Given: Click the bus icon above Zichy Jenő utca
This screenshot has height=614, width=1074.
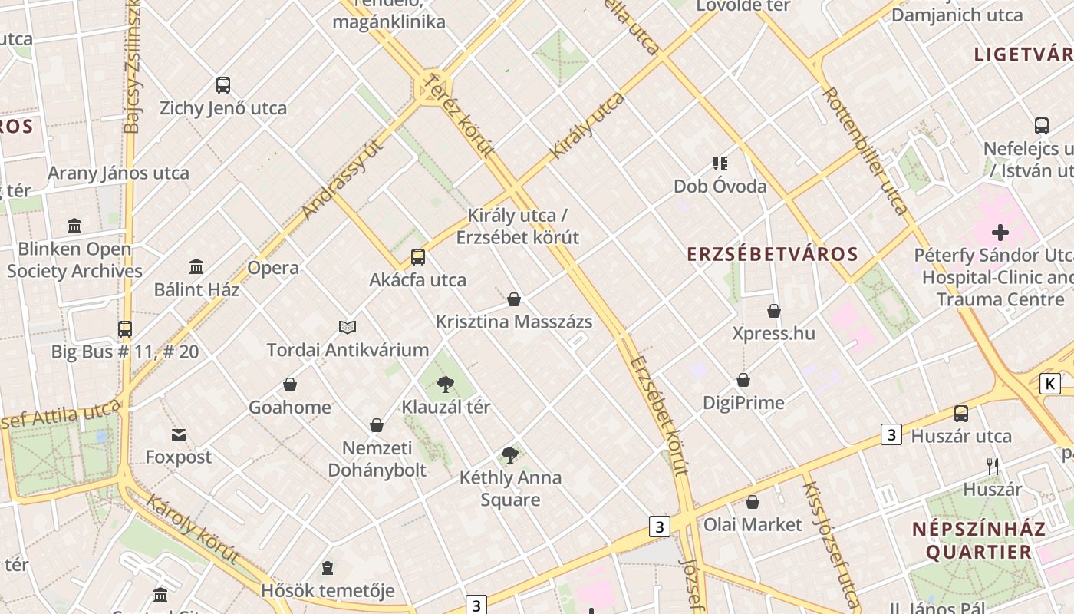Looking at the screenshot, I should tap(223, 85).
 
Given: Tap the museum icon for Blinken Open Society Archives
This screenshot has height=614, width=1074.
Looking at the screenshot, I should tap(74, 226).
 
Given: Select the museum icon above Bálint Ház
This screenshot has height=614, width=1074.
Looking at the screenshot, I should tap(196, 267).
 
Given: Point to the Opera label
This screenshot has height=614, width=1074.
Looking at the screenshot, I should tap(273, 268).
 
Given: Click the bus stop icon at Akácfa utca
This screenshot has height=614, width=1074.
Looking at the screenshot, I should tap(417, 257).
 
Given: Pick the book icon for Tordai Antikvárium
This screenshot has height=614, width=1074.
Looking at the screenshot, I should tap(348, 328).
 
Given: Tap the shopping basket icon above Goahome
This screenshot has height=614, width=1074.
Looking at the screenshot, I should tap(290, 385).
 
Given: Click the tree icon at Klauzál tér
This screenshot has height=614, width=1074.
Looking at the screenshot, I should tap(445, 385).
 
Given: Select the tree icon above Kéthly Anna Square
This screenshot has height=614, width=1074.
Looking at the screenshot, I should tap(510, 455).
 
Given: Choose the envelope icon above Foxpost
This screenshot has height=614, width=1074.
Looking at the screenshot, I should tap(179, 435).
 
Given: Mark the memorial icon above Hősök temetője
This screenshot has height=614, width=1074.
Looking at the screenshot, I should tap(328, 569).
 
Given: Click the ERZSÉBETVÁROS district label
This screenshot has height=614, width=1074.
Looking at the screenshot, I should tap(772, 254).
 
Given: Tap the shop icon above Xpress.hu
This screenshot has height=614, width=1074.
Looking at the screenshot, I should tap(774, 311).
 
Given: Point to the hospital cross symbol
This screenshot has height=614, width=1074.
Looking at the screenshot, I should tap(1000, 232).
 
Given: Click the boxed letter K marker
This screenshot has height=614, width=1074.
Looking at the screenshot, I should tap(1049, 383).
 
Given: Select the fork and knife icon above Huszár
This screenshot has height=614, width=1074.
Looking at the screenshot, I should tap(993, 466).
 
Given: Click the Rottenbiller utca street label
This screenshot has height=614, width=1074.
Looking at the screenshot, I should tap(865, 150).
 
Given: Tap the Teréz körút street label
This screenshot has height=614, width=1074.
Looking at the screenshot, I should tap(460, 116).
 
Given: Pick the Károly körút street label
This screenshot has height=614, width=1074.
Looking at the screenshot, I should tap(192, 529).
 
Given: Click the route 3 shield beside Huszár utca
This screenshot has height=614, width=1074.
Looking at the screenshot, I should tap(890, 434).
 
